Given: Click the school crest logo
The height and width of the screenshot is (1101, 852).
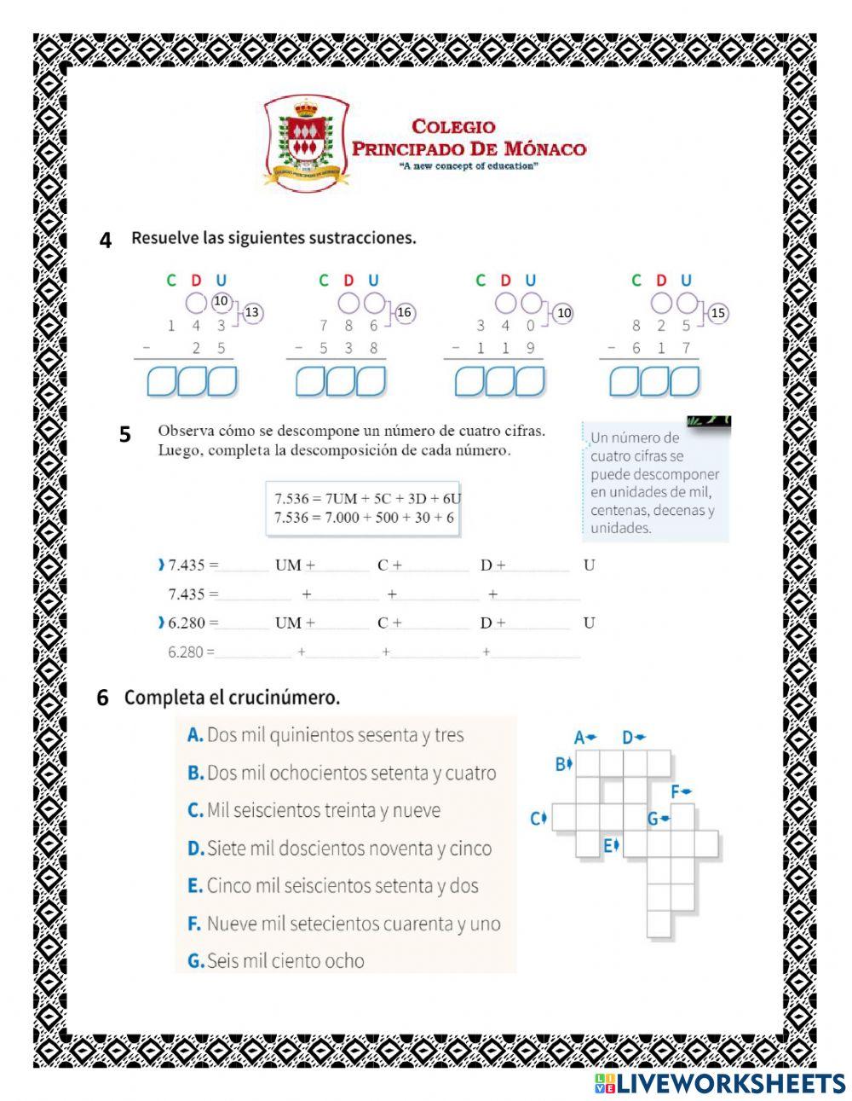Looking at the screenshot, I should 307,143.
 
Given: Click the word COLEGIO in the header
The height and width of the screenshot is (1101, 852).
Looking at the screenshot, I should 453,126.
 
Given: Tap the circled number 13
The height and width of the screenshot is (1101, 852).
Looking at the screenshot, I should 252,313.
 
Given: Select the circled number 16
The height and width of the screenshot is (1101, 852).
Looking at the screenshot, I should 404,313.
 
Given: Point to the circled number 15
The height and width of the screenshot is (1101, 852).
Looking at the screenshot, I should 718,313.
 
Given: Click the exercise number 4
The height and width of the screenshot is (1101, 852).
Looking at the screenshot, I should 106,240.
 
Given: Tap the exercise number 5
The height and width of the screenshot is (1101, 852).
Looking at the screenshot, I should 125,435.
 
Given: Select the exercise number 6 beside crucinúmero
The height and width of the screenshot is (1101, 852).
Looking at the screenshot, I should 103,698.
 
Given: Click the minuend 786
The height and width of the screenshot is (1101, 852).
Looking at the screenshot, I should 349,325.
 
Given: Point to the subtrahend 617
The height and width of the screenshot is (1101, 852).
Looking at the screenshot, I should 660,348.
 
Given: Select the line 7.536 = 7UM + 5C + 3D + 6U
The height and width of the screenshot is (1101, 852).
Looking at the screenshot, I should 367,498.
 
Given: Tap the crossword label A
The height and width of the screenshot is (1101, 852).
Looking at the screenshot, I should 579,738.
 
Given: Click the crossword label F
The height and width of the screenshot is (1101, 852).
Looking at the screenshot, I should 675,791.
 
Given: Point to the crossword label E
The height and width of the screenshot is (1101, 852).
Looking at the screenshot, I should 608,846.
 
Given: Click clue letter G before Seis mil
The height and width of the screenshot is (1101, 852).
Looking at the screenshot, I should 195,961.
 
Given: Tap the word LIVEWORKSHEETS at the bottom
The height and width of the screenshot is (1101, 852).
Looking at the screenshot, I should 729,1083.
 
